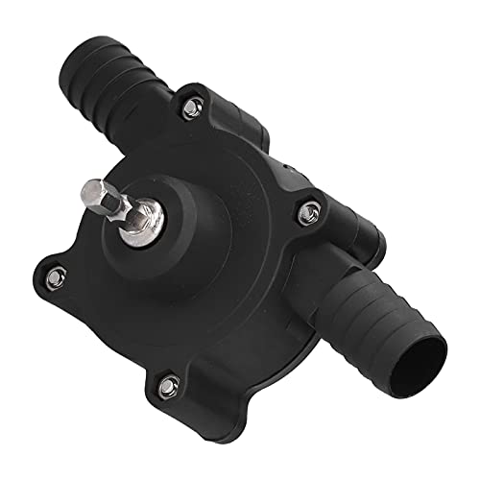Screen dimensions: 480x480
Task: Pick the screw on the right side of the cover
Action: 309,208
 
